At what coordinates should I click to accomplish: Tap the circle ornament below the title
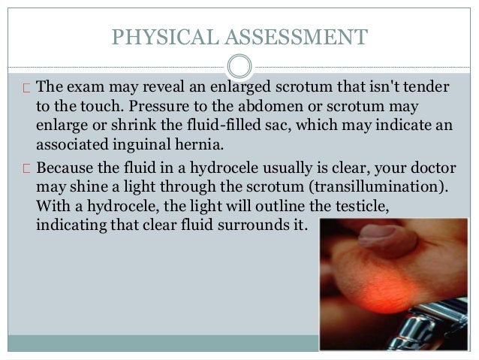239,65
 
